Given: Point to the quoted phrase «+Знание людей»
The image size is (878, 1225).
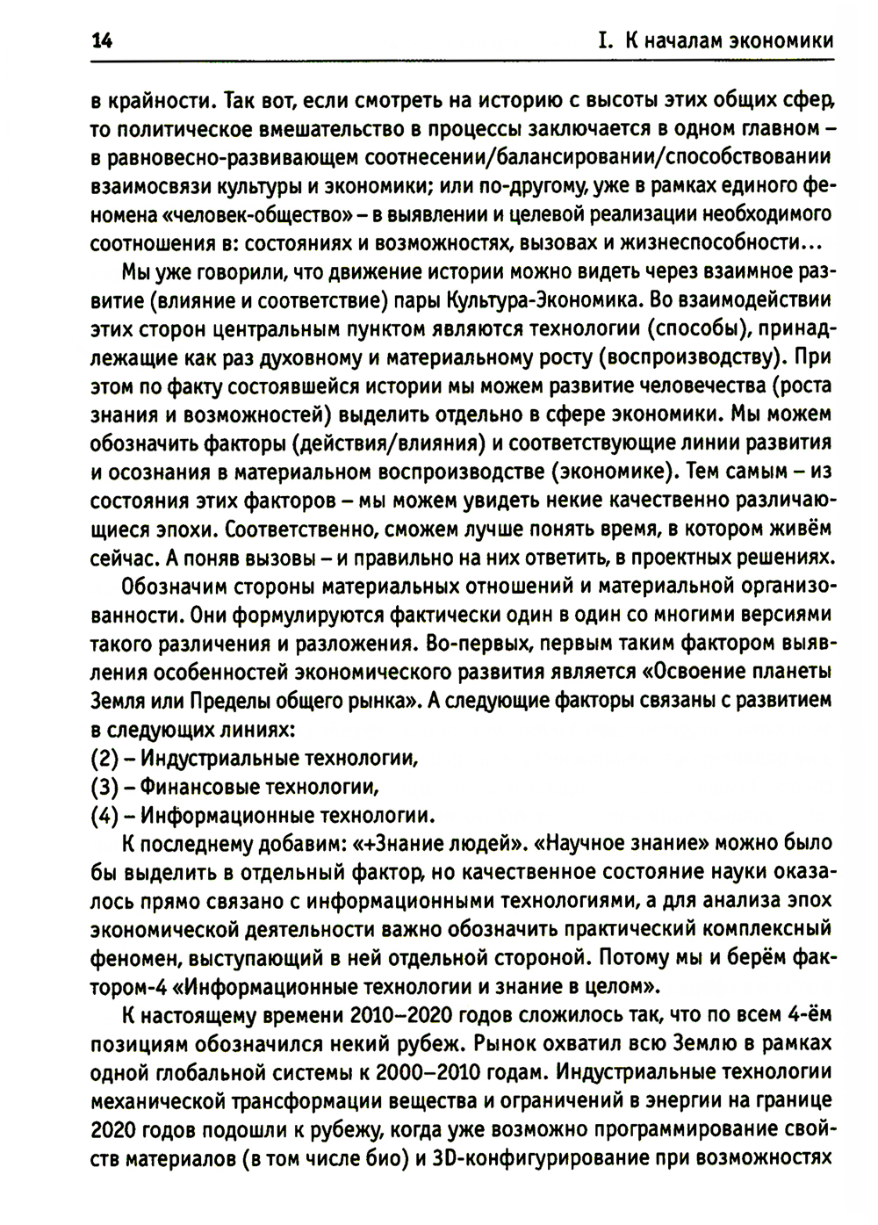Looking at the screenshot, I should [438, 844].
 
